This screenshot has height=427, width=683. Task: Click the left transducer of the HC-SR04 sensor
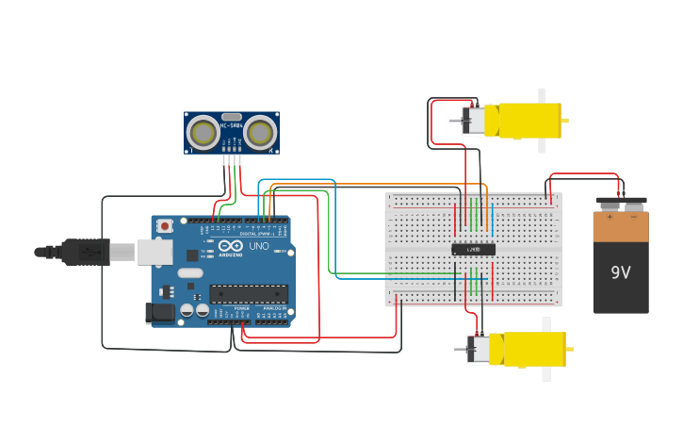203,132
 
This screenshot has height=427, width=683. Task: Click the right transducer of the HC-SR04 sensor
260,132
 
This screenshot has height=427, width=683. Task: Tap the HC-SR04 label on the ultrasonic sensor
231,125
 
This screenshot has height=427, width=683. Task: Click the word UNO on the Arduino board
259,247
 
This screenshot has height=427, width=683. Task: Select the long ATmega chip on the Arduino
249,294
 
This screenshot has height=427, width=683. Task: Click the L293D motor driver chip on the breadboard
473,250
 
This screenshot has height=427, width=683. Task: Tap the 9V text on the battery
620,272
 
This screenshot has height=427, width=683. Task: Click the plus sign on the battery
610,217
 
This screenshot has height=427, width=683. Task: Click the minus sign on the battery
633,217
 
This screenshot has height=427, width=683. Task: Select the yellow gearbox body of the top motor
529,121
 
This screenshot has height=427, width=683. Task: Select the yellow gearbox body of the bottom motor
532,349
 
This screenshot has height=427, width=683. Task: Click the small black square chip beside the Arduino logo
192,255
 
